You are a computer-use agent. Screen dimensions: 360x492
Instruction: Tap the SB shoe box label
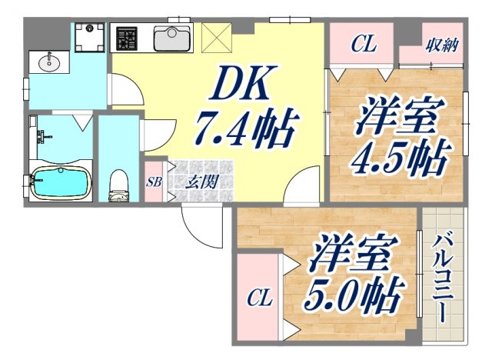point(154,182)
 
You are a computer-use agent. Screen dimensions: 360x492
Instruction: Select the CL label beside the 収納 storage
point(364,45)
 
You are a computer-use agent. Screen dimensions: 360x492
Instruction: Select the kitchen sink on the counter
point(172,36)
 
